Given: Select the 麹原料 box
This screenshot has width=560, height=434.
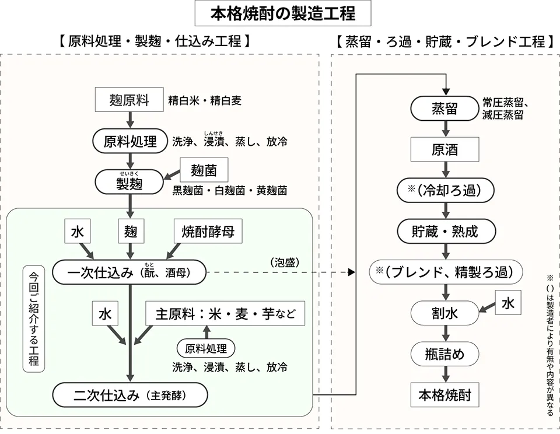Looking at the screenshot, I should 129,100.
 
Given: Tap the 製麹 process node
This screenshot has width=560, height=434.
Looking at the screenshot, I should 129,183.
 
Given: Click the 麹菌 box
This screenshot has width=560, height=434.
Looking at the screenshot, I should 204,170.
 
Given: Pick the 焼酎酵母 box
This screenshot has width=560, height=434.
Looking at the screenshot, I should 208,232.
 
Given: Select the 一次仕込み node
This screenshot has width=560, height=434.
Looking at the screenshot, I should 129,272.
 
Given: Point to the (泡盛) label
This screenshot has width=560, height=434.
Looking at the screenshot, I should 285,262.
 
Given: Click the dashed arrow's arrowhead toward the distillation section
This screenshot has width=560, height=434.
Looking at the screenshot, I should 351,272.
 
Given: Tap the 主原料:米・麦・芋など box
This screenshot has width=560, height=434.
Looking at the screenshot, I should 225,314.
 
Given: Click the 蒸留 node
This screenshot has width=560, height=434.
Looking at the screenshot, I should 444,108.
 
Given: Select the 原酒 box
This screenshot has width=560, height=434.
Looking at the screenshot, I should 444,149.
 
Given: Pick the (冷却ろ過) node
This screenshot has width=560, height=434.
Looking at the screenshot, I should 444,190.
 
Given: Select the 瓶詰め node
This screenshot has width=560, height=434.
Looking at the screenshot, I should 444,353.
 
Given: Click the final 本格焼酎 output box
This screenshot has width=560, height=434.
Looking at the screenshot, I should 444,395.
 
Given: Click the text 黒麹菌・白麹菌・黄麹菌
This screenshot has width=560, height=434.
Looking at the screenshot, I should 229,191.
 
